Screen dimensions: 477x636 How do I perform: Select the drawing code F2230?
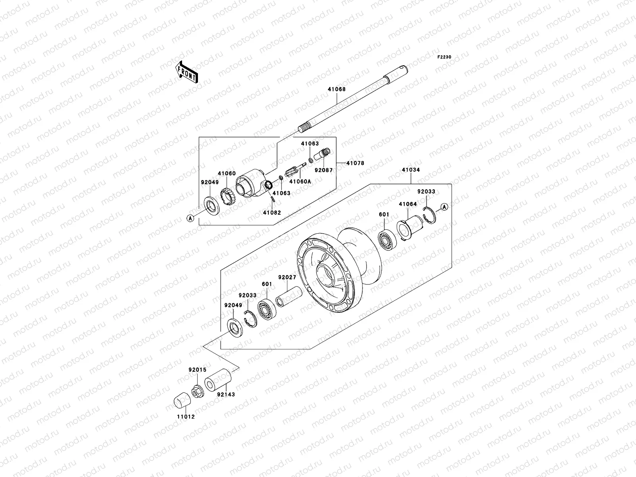pyautogui.click(x=444, y=57)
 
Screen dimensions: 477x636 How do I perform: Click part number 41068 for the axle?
pyautogui.click(x=336, y=89)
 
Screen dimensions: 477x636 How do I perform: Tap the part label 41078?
pyautogui.click(x=355, y=163)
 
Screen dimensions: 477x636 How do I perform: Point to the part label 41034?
pyautogui.click(x=411, y=170)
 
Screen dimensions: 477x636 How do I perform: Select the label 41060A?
pyautogui.click(x=300, y=182)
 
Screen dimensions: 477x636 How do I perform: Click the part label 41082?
pyautogui.click(x=271, y=213)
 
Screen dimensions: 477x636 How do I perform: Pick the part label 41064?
pyautogui.click(x=408, y=204)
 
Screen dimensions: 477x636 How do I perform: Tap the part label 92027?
pyautogui.click(x=287, y=277)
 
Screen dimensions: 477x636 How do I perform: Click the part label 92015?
pyautogui.click(x=197, y=370)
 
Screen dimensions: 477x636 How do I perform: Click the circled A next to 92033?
pyautogui.click(x=444, y=206)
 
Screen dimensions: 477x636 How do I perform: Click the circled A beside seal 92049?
pyautogui.click(x=190, y=218)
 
